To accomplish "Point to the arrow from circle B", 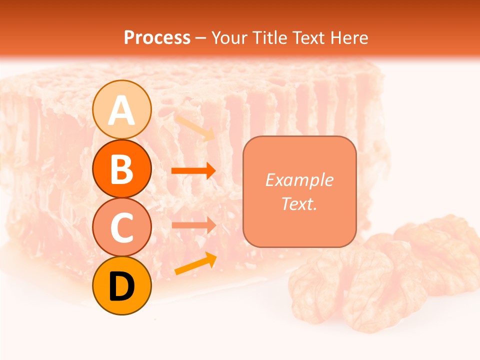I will [193, 171].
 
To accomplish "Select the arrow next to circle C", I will [193, 224].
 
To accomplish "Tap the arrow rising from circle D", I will [196, 264].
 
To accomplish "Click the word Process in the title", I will [157, 37].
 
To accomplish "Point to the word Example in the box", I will [299, 180].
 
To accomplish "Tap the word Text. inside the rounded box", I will [299, 203].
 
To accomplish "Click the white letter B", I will [121, 169].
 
